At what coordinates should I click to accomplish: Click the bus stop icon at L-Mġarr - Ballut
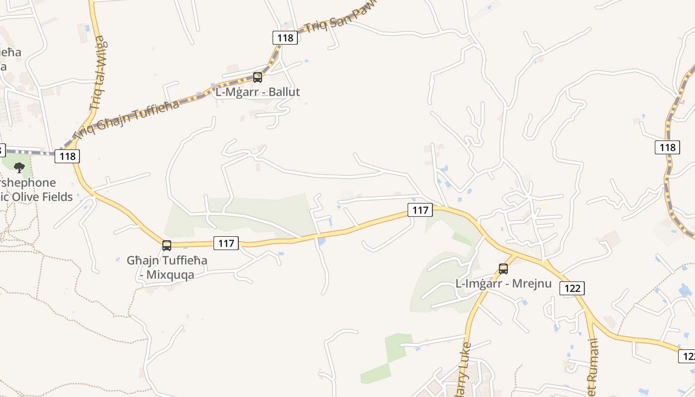click(257, 77)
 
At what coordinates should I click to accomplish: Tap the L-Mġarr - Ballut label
click(257, 92)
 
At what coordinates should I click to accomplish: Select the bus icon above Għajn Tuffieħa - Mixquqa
click(167, 245)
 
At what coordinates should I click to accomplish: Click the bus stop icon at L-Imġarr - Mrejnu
click(503, 269)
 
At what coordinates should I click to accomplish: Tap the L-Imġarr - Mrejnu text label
click(503, 284)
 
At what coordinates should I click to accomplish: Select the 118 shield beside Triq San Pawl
click(285, 38)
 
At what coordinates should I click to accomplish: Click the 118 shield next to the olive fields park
click(67, 156)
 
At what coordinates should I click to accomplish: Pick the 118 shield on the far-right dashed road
click(667, 147)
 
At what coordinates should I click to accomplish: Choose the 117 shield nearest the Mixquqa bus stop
click(226, 243)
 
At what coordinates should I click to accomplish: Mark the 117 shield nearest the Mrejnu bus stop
click(420, 210)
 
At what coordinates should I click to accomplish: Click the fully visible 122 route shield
click(572, 288)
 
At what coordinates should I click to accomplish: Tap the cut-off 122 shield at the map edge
click(688, 356)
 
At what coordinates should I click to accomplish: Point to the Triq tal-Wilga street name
click(98, 72)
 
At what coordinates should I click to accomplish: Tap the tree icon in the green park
click(19, 168)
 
